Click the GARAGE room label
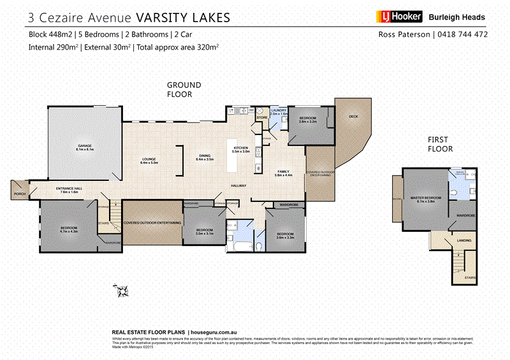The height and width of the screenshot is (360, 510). pyautogui.click(x=85, y=147)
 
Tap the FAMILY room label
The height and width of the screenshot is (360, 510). pyautogui.click(x=283, y=172)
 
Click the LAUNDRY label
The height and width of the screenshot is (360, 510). pyautogui.click(x=278, y=111)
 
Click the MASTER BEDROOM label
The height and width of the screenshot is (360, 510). pyautogui.click(x=425, y=198)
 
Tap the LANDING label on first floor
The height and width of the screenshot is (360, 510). pyautogui.click(x=464, y=240)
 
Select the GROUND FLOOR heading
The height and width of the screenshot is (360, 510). pyautogui.click(x=184, y=89)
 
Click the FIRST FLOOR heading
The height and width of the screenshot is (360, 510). pyautogui.click(x=440, y=144)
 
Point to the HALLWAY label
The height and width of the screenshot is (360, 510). pyautogui.click(x=239, y=186)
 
